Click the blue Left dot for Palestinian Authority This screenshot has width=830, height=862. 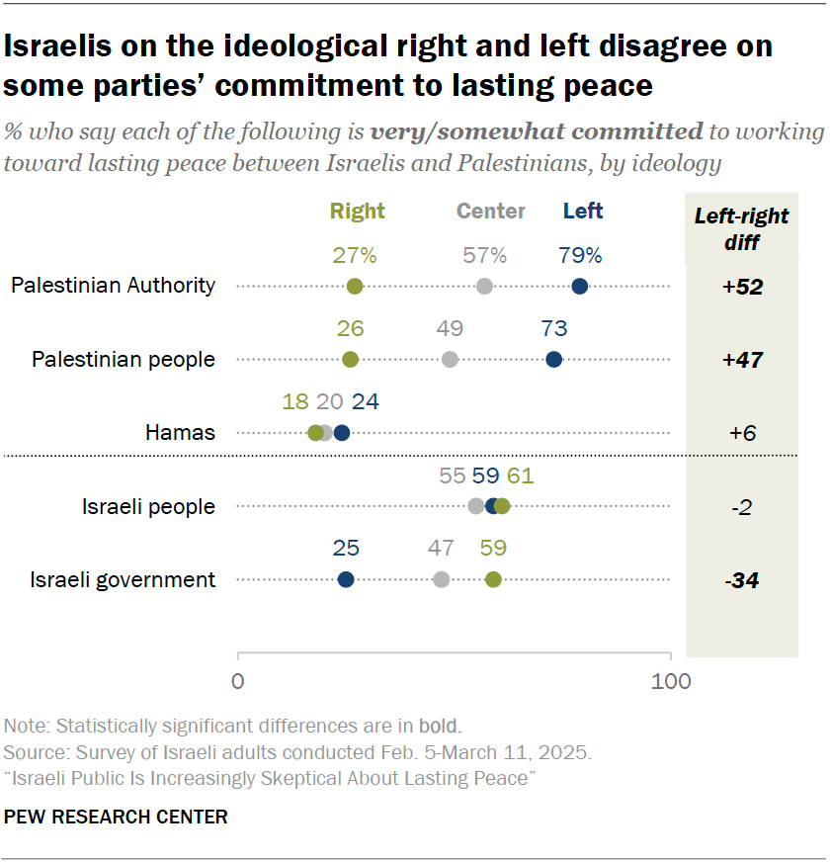coord(580,287)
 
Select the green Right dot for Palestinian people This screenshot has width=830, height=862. coord(350,360)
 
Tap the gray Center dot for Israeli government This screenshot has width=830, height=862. coord(441,579)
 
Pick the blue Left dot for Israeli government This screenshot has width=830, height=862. coord(345,579)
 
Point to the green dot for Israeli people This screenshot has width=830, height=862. coord(502,506)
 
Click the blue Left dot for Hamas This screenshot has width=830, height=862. coord(342,433)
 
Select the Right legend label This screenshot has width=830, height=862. coord(358,212)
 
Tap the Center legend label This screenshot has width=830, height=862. coord(490,212)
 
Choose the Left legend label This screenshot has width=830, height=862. coord(583,212)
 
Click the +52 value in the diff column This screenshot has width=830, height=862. coord(743,288)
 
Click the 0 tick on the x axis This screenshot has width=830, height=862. coord(238,681)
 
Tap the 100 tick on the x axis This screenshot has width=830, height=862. coord(671,681)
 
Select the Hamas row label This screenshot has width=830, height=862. coord(180,433)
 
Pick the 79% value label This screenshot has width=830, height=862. coord(580,256)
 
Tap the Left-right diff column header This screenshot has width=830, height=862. coord(741,228)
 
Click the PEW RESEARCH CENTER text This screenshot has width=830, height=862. coord(116,817)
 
